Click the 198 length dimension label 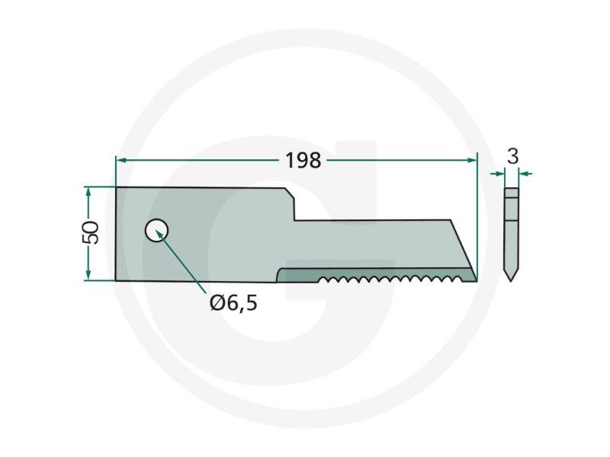point(303,160)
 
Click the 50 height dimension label point(91,232)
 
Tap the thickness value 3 point(513,156)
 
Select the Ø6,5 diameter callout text point(233,302)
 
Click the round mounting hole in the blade point(156,230)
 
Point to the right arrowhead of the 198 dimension point(471,160)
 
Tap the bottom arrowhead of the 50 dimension point(88,274)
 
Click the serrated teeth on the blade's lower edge point(392,279)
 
